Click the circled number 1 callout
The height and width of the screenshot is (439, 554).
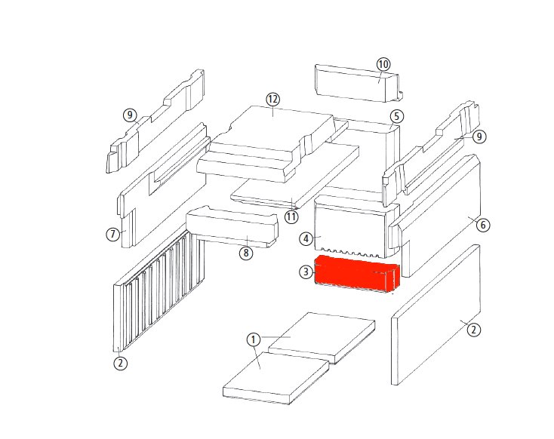click(253, 340)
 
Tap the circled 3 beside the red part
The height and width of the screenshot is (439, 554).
click(306, 272)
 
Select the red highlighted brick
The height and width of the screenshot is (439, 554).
click(357, 274)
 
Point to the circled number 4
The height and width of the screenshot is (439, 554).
click(306, 239)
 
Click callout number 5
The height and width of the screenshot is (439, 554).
click(397, 117)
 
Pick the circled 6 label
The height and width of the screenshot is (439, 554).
click(483, 225)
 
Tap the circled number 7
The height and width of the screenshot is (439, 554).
click(112, 234)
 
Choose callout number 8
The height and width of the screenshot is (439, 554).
click(246, 253)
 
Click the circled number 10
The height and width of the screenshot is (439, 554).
click(383, 65)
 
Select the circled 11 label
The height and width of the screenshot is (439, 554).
click(291, 216)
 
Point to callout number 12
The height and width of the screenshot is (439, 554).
click(272, 100)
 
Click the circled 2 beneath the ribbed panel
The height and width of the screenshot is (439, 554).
click(121, 363)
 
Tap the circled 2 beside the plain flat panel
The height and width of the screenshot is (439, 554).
click(474, 330)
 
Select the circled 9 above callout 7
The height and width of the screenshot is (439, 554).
click(130, 115)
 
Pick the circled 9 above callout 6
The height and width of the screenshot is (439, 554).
click(479, 137)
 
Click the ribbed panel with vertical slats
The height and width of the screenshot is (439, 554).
click(159, 290)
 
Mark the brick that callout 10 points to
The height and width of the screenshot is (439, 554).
click(359, 84)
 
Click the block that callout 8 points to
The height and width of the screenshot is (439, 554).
click(232, 227)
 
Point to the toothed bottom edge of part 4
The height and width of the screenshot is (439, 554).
click(349, 253)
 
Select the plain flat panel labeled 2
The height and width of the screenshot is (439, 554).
click(436, 315)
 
